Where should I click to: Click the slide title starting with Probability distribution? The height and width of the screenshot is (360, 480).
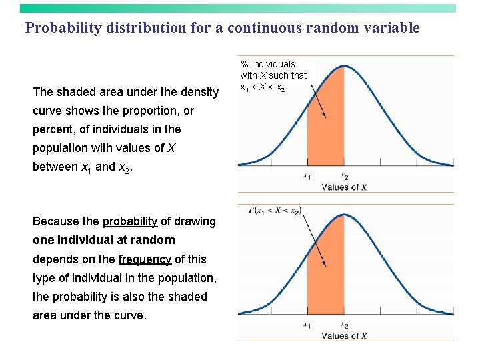click(x=222, y=28)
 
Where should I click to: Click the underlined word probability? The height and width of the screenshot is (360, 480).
click(x=130, y=221)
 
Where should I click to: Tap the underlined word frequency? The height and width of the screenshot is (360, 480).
click(x=145, y=259)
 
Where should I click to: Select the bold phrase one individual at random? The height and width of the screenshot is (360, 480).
click(x=104, y=240)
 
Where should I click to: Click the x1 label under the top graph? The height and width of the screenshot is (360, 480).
click(x=307, y=177)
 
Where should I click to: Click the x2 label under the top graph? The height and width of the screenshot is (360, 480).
click(x=344, y=177)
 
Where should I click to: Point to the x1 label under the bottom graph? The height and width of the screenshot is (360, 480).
click(x=307, y=325)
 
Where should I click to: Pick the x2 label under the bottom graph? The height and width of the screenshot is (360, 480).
click(x=344, y=325)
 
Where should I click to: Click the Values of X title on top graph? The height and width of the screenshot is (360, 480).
click(x=344, y=187)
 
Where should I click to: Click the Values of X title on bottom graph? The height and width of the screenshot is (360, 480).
click(x=344, y=336)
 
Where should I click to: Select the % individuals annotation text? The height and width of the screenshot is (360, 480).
click(x=273, y=76)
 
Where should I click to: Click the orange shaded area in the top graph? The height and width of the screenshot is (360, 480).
click(x=325, y=133)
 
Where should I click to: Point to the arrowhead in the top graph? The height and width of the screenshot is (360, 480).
click(x=325, y=116)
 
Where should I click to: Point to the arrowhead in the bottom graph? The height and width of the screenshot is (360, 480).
click(x=325, y=265)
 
